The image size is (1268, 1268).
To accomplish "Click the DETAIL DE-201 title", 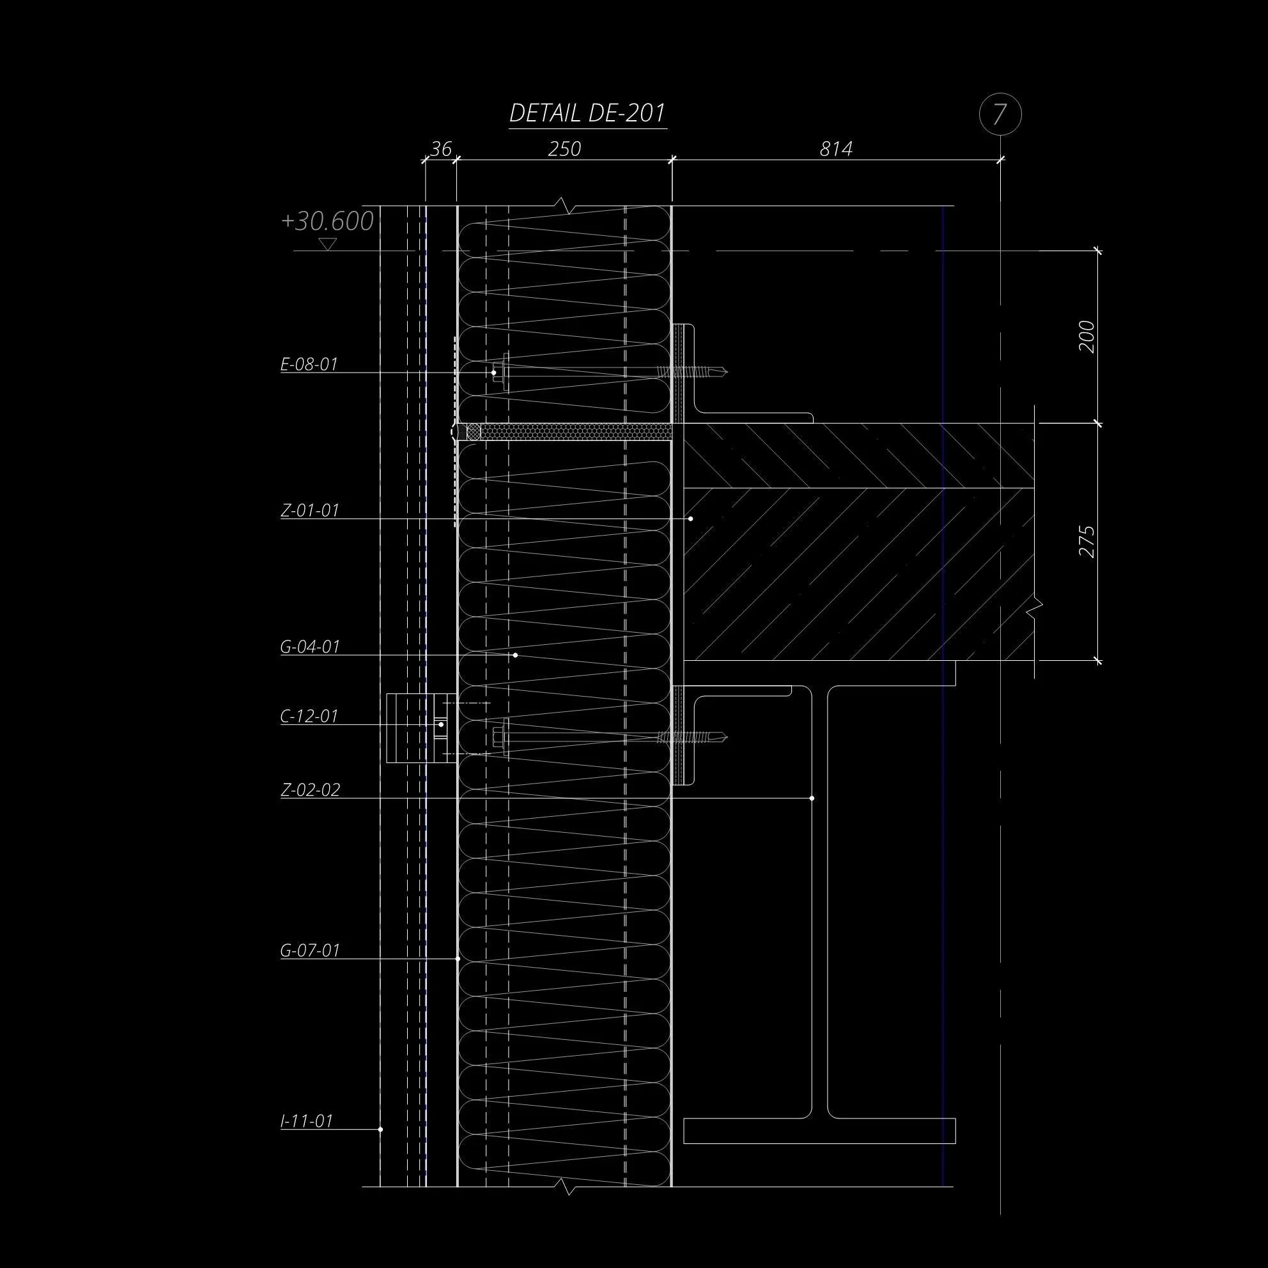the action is [587, 114].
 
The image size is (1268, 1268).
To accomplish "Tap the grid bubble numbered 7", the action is [1000, 115].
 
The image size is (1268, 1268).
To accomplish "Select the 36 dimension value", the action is [440, 149].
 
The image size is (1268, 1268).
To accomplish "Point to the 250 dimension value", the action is [564, 149].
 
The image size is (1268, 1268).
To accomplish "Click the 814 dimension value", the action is [835, 149].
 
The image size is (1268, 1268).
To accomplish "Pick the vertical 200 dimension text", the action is [1086, 337].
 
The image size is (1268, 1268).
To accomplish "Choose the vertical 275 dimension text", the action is [1086, 541].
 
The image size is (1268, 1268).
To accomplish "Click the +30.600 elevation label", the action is [327, 222].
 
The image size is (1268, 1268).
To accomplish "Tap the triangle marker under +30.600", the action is [327, 244].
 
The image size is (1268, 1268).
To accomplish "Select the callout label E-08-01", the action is [309, 364].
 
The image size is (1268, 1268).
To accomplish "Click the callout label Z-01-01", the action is [310, 510].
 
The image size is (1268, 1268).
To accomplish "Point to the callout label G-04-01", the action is [310, 647].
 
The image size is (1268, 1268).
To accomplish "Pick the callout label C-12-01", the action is [309, 716].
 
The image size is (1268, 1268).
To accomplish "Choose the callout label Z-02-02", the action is [311, 789].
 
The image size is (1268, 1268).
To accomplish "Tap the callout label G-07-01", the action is [310, 950].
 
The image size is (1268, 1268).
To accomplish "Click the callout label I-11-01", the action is [307, 1120].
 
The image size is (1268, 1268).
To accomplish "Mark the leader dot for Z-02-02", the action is [812, 798].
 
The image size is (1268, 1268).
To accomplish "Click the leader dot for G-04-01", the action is [515, 655].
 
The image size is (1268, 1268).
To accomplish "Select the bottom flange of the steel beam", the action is [819, 1130].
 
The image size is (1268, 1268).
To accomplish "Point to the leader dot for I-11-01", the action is [381, 1129].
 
